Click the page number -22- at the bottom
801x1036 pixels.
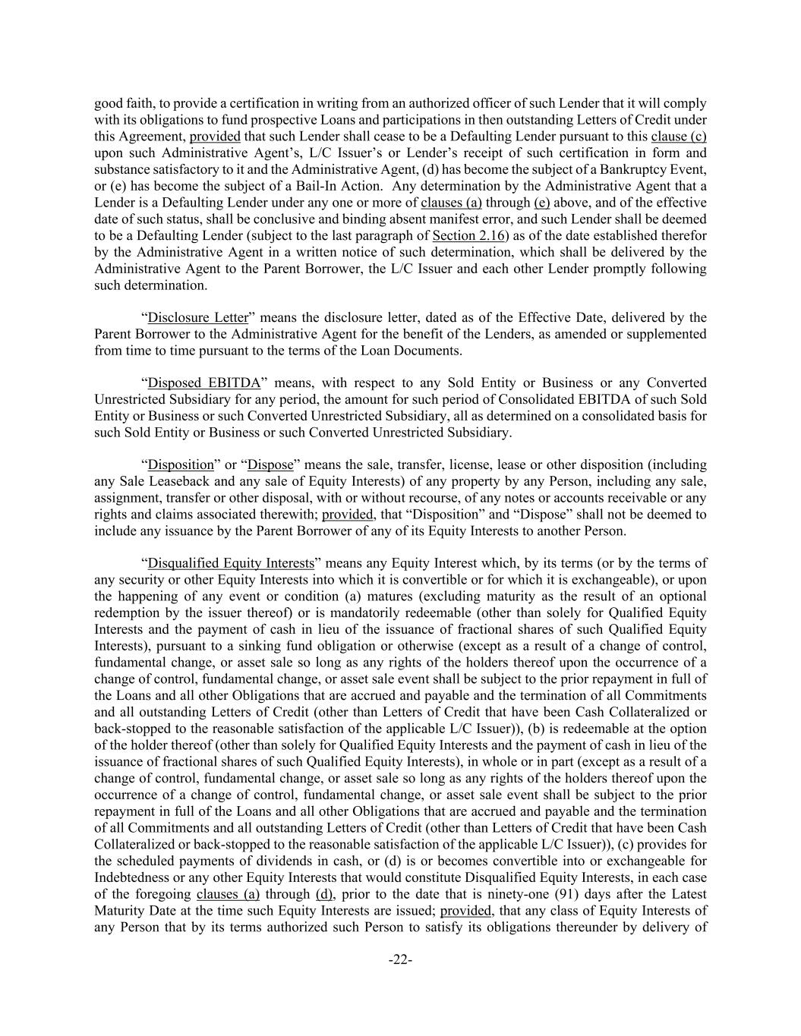pyautogui.click(x=400, y=960)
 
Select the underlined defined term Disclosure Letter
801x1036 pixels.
pyautogui.click(x=197, y=317)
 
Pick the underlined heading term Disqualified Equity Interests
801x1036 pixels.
pyautogui.click(x=231, y=563)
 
